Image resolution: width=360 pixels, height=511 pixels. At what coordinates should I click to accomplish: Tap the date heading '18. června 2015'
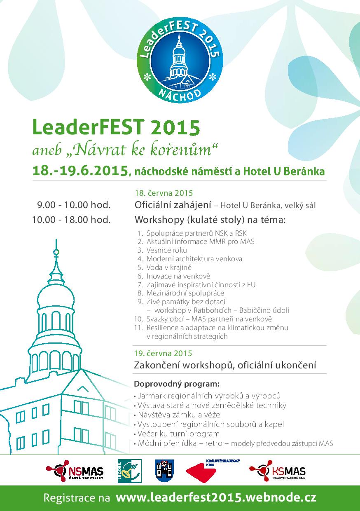[164, 193]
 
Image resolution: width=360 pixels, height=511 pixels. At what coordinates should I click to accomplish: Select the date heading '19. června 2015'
[163, 353]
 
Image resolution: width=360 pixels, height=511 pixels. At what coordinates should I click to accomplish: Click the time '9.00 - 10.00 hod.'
[74, 205]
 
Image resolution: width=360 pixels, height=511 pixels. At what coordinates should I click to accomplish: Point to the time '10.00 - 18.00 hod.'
[71, 220]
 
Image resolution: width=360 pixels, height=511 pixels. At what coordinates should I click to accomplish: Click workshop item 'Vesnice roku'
[166, 250]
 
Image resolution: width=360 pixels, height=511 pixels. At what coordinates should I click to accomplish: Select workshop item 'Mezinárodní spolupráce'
[185, 293]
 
